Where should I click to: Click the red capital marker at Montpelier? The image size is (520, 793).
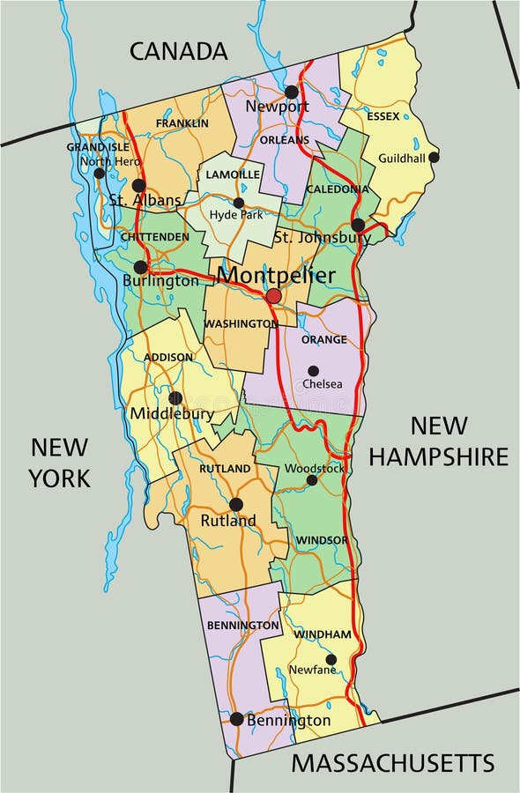[x=273, y=296]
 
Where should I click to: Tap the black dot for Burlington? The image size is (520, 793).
[x=140, y=267]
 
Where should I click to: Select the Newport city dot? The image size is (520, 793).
[x=291, y=92]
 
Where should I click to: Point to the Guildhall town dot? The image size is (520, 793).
[x=434, y=157]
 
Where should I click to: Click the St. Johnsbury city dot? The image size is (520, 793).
[x=358, y=225]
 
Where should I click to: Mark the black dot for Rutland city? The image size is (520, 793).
[x=235, y=504]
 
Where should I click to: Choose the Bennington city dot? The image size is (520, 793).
[x=236, y=719]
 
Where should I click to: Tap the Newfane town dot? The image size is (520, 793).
[x=331, y=659]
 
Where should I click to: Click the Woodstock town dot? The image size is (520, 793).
[x=311, y=480]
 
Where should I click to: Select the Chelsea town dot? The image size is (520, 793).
[x=313, y=371]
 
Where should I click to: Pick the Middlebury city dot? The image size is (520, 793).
[x=175, y=398]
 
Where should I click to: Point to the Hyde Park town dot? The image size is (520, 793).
[x=238, y=203]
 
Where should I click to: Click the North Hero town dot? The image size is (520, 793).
[x=100, y=173]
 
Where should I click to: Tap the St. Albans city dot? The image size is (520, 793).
[x=138, y=185]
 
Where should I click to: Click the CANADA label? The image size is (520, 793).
[x=179, y=51]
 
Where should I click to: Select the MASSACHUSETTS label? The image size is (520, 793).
[x=392, y=762]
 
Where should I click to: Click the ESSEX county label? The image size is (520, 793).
[x=383, y=116]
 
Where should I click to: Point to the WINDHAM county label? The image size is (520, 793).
[x=323, y=634]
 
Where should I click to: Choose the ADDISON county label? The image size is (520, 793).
[x=168, y=357]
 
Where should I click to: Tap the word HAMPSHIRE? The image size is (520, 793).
[x=438, y=456]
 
